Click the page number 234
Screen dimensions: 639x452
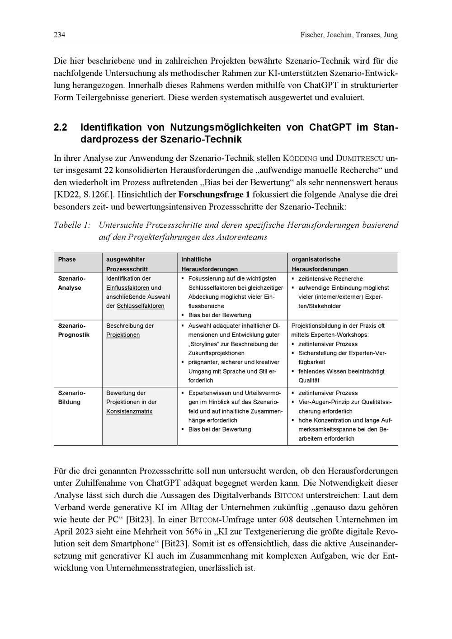59,35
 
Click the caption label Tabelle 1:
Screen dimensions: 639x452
72,225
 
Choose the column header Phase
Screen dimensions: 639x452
67,259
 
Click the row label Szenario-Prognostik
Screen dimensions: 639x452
74,330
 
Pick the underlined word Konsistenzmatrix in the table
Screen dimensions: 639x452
129,411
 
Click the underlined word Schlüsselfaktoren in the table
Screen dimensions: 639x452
141,306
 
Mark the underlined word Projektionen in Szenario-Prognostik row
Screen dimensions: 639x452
123,335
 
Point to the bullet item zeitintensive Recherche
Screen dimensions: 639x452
330,279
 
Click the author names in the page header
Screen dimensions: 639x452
349,35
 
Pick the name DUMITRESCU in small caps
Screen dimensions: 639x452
360,159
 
